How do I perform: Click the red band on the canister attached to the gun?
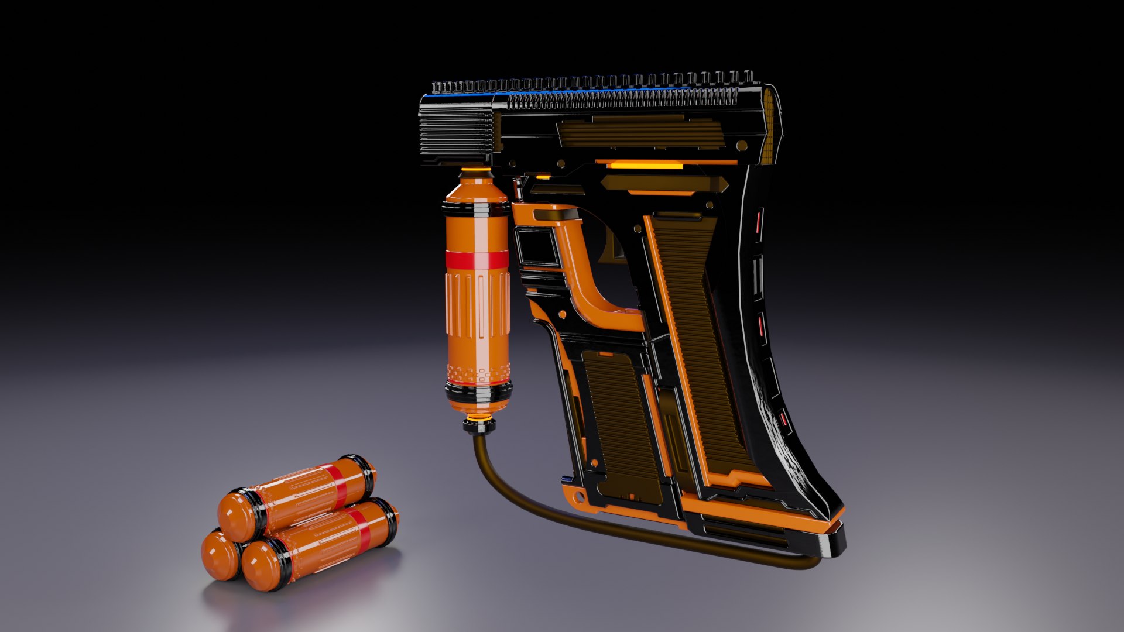(477, 260)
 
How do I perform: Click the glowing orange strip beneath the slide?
(644, 166)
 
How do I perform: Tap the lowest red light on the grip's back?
(783, 419)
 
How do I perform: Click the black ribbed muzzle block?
(457, 132)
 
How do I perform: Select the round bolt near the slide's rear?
(742, 145)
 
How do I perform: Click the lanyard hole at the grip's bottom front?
(579, 498)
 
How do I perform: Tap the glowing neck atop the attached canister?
(475, 174)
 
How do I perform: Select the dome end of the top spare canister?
(234, 515)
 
